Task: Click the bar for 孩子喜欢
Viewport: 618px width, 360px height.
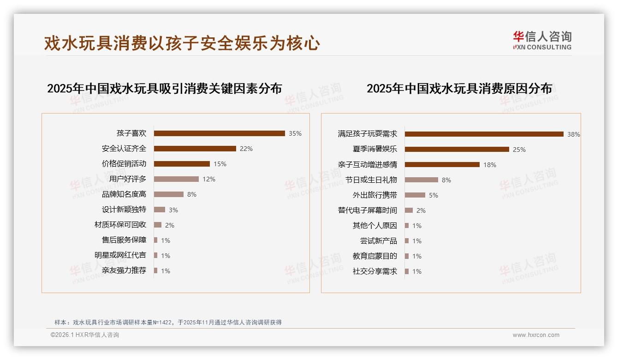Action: click(219, 133)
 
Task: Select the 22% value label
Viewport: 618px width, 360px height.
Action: click(246, 149)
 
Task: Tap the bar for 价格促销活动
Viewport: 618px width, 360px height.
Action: click(182, 164)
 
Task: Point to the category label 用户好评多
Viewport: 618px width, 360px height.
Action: click(128, 179)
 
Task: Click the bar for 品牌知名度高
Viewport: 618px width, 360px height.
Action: click(168, 194)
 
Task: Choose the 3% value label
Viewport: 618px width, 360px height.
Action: click(173, 210)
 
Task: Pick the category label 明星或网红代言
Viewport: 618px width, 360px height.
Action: click(120, 255)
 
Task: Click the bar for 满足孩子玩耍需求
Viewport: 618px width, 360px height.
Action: click(484, 134)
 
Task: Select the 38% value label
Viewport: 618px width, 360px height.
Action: click(574, 135)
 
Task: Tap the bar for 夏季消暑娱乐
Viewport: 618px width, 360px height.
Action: click(457, 150)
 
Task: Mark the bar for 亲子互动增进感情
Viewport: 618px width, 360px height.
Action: click(442, 165)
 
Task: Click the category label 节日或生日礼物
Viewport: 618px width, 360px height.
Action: click(371, 180)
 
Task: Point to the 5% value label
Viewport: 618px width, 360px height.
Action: click(434, 195)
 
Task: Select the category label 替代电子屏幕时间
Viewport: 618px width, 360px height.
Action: click(368, 210)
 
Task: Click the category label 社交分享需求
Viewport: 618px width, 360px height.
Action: click(375, 271)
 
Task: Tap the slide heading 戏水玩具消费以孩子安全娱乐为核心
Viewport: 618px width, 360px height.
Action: click(182, 43)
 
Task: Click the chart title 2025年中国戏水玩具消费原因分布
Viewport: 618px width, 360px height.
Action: click(459, 89)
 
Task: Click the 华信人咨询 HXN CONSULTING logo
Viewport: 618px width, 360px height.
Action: click(542, 41)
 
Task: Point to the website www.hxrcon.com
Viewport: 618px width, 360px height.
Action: click(536, 335)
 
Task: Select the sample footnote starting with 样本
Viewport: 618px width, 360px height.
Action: click(168, 323)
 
